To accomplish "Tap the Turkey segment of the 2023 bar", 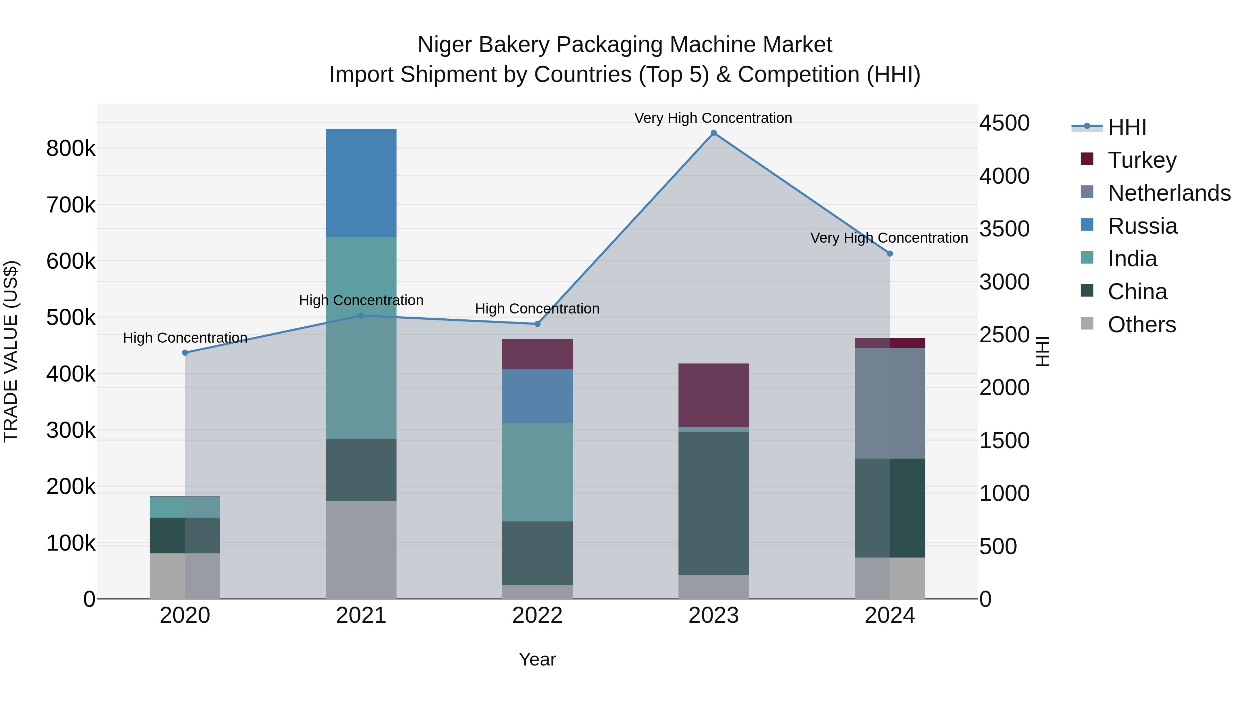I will pos(713,395).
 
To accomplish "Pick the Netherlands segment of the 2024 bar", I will pos(890,403).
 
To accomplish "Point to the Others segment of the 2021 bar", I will pos(361,549).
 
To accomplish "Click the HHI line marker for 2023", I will pos(713,133).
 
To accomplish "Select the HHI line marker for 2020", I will pos(185,353).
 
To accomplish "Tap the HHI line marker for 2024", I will pos(890,254).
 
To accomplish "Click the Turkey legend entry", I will pos(1142,160).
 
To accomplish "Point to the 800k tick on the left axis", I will pos(71,149).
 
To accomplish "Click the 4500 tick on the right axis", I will pos(1004,123).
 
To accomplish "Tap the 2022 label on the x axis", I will pos(537,616).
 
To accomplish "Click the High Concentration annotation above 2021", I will pos(361,300).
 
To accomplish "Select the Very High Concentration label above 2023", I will pos(713,118).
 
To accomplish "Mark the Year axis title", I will pos(537,659).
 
